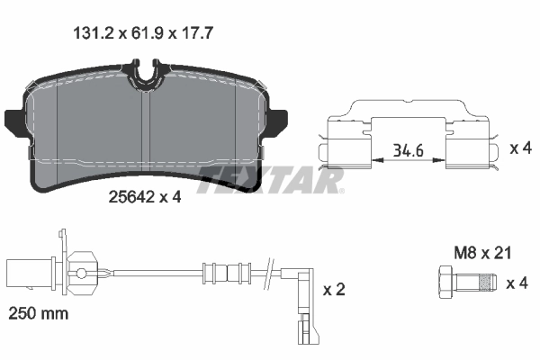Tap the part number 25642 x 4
144,197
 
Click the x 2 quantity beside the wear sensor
334,290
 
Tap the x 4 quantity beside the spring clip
520,148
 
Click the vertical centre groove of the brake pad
148,135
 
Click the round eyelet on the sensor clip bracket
81,272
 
